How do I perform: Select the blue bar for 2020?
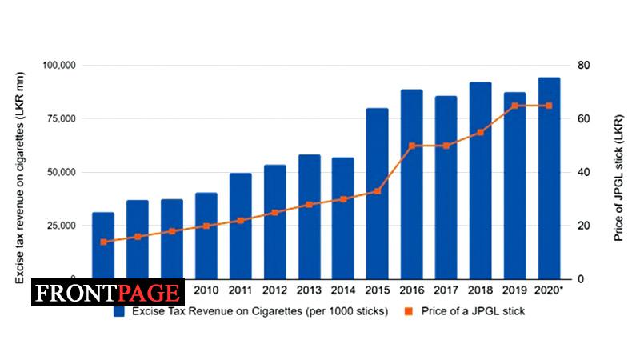pos(549,178)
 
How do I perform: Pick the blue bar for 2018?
pos(480,180)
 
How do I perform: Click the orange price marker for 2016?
pos(411,146)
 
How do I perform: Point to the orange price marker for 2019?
pos(514,106)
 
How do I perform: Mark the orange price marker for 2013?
pos(309,205)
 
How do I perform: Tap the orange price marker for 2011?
pos(240,221)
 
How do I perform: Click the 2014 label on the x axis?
pos(343,290)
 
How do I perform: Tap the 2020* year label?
pos(550,290)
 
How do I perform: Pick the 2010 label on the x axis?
pos(206,290)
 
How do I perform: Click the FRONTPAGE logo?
pos(108,294)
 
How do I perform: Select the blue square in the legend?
pos(118,311)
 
